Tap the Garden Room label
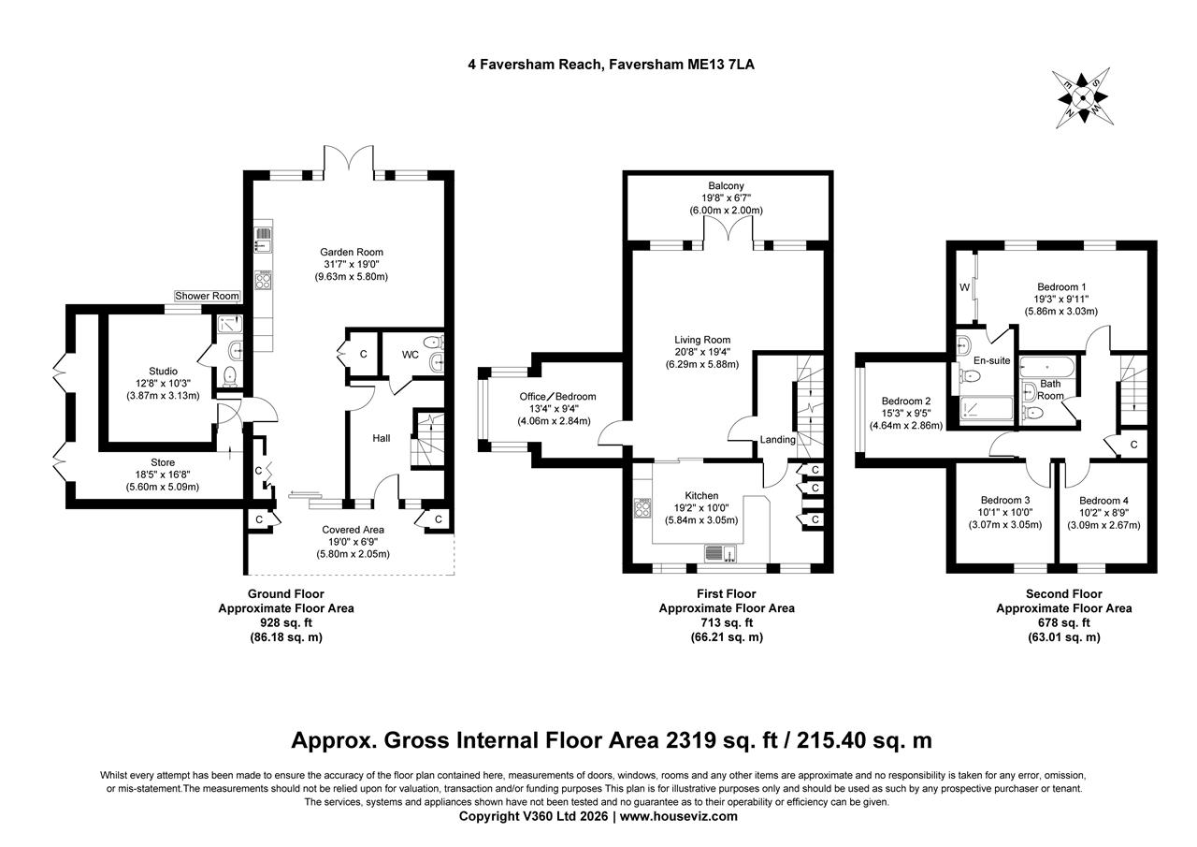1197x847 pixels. [x=352, y=252]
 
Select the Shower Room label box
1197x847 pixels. [x=208, y=296]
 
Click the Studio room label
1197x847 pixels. [x=163, y=372]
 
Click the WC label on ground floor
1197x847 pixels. [x=410, y=355]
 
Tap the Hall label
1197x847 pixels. [x=382, y=438]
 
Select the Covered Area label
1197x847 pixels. [x=353, y=530]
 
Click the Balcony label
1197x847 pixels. [x=726, y=186]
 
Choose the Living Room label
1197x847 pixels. [x=702, y=340]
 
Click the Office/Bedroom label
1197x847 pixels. [x=557, y=396]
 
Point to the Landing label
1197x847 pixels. [x=777, y=440]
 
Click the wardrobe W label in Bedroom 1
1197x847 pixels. [x=964, y=287]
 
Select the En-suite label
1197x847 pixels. [x=991, y=359]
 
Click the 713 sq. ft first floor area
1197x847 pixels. [x=727, y=622]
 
